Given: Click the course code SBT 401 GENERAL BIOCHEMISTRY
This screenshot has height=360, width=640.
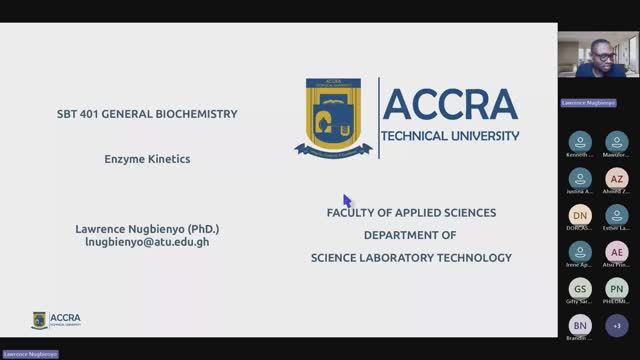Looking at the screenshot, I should (x=147, y=114).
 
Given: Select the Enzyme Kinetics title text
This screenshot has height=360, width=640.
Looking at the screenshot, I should (x=147, y=158).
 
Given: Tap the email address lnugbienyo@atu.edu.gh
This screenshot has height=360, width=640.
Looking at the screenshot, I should (x=147, y=242).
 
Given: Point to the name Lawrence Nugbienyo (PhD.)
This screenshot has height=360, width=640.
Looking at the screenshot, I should (x=147, y=228).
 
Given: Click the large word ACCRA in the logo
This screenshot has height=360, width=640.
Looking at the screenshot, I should (x=450, y=104).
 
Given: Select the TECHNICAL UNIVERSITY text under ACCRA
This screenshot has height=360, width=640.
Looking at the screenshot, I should (x=450, y=135).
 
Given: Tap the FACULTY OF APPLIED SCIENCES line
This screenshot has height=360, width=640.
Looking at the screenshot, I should (x=411, y=213).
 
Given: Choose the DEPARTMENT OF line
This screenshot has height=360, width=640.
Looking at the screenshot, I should (x=410, y=235).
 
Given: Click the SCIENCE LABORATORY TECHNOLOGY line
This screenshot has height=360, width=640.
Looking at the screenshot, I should (x=411, y=257).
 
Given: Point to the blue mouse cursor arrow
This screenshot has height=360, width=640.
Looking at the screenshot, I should (x=347, y=200).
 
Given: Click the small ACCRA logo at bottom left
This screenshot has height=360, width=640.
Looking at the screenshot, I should (x=56, y=320).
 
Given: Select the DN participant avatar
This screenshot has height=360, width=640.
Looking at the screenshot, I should (x=580, y=215).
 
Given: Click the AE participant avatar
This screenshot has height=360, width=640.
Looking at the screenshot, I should (x=617, y=252).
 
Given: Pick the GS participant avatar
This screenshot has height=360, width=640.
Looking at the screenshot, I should (x=580, y=288).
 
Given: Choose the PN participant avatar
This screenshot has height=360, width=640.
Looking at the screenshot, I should (x=617, y=288).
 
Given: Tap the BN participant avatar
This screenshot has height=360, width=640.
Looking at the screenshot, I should (x=580, y=325).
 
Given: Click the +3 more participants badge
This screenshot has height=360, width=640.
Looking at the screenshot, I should (x=617, y=325).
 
